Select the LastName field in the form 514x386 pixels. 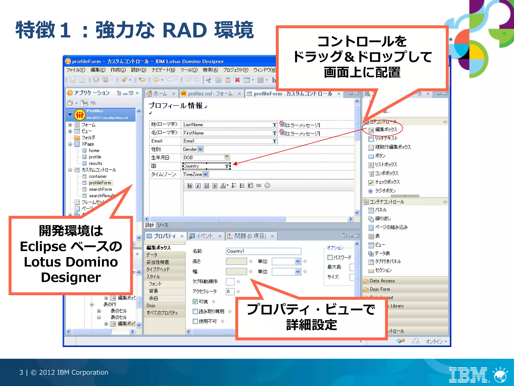227,125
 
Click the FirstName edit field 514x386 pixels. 227,133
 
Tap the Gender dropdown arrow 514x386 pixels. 200,149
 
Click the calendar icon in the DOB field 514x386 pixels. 227,158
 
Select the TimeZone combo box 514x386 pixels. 196,174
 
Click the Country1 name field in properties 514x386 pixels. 263,251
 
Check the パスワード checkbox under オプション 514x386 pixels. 330,257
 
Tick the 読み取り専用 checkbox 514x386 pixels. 195,311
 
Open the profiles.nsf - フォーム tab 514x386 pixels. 210,94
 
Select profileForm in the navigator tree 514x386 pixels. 100,183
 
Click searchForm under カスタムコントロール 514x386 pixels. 100,189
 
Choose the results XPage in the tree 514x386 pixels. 95,163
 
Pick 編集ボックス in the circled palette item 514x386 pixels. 386,130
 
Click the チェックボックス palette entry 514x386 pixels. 387,182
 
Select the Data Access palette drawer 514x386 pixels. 382,281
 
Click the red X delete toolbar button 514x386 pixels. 237,80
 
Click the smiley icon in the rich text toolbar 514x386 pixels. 267,185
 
